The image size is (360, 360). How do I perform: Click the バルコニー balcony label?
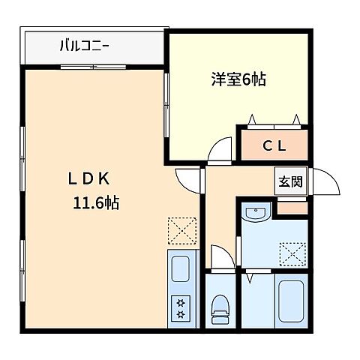(84, 46)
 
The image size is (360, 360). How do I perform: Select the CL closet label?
(274, 146)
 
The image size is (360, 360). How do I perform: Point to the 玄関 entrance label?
(291, 181)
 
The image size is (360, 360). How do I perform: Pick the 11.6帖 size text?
(95, 202)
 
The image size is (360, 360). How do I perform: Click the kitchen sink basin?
(181, 268)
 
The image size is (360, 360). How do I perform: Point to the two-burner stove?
(181, 306)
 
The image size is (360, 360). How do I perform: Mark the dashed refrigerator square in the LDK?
(181, 229)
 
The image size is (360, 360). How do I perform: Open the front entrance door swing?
(324, 182)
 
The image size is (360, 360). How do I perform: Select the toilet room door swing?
(219, 257)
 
